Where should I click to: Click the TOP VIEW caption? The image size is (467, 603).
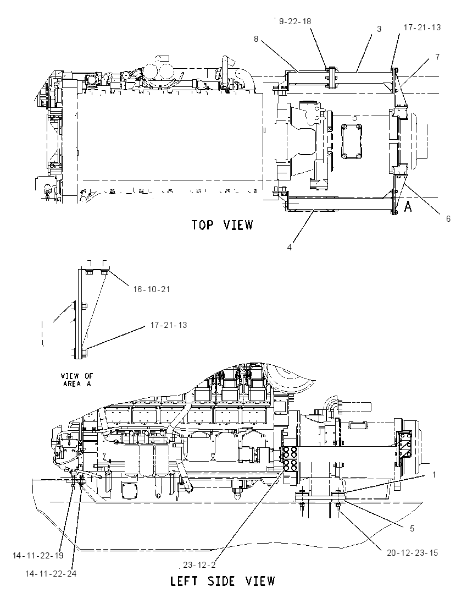click(x=223, y=224)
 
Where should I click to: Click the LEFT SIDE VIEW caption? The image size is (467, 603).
click(x=223, y=580)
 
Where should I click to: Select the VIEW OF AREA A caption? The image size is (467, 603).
click(x=77, y=380)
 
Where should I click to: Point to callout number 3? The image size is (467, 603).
click(x=379, y=29)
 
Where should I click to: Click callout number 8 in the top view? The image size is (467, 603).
click(x=256, y=39)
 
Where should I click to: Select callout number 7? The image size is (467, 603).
click(x=437, y=57)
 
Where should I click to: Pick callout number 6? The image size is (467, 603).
click(x=448, y=219)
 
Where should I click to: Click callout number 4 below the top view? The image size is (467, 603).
click(x=290, y=247)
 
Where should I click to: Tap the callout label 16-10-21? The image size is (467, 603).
click(x=152, y=289)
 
